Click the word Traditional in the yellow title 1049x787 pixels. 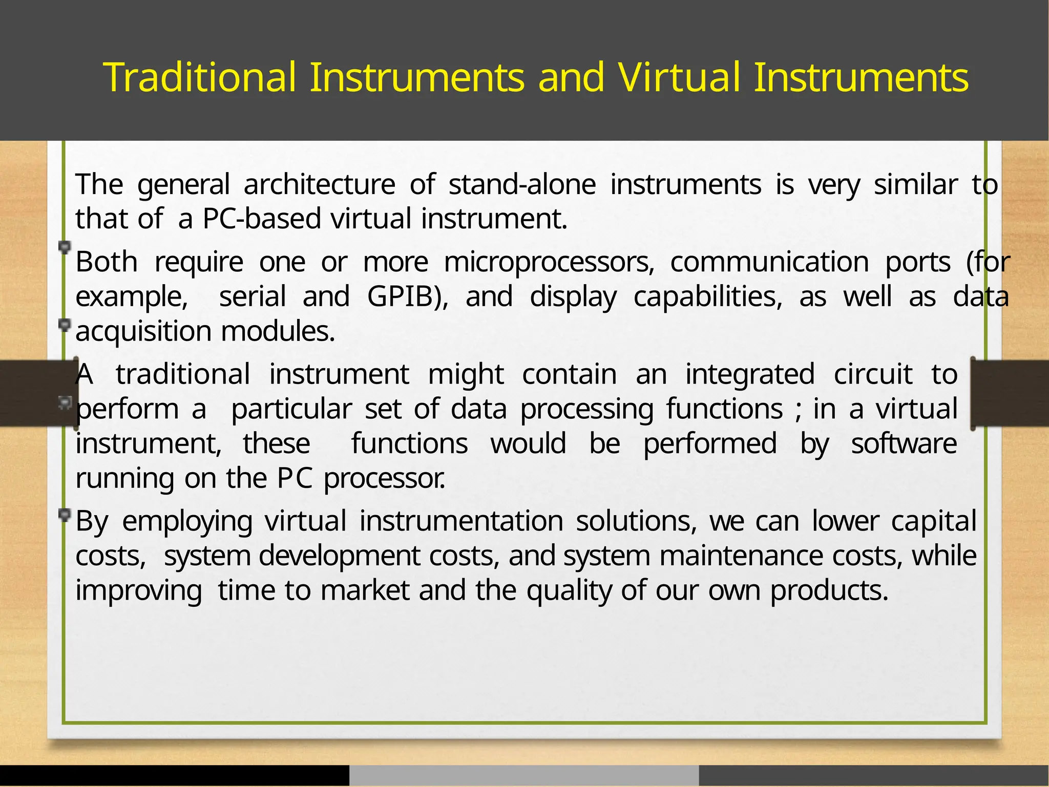200,78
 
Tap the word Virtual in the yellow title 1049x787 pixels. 679,78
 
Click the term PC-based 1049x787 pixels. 262,219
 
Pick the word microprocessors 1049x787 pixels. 549,262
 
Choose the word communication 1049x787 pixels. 769,262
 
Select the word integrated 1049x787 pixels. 750,374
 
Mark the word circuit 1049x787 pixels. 873,374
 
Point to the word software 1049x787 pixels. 904,443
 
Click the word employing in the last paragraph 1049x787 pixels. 187,521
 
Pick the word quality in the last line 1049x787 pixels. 569,590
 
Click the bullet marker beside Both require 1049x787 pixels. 65,248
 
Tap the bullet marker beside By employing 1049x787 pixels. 65,515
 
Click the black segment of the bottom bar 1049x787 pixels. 174,776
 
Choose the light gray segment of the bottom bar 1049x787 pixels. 524,776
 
